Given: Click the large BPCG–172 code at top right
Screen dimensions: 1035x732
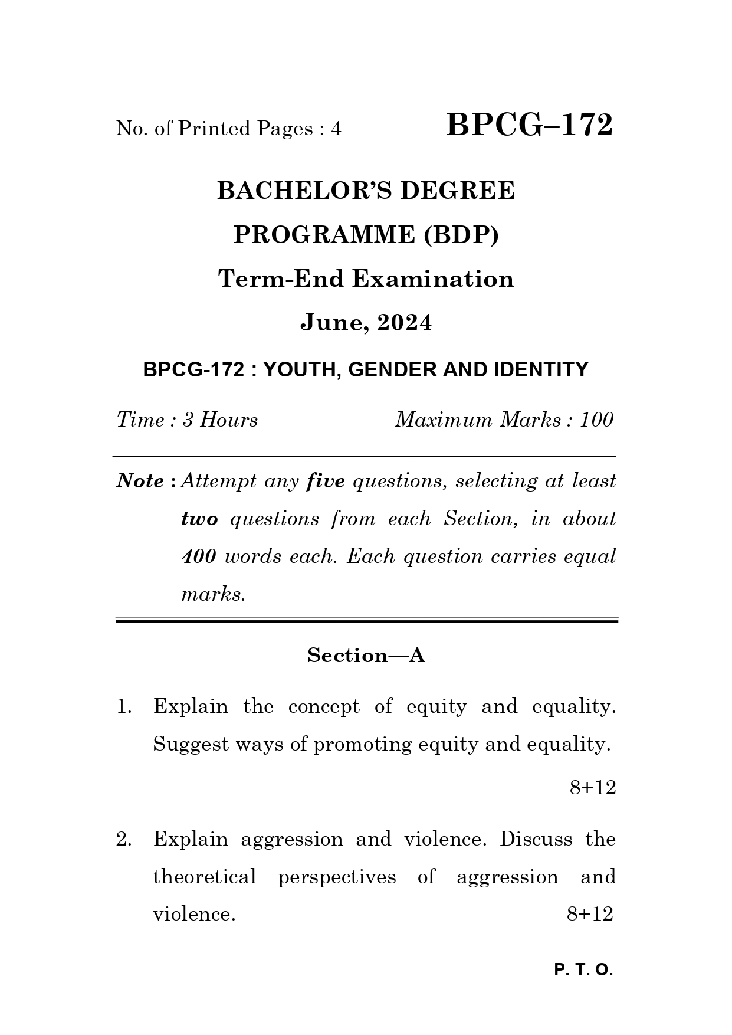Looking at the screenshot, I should click(x=529, y=126).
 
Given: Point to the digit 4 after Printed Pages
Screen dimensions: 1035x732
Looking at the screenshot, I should click(x=336, y=129).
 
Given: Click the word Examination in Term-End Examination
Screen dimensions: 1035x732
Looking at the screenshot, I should click(x=433, y=279).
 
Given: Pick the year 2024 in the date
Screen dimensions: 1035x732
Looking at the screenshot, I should click(x=405, y=323).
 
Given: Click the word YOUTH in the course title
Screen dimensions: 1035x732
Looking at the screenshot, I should click(x=300, y=370).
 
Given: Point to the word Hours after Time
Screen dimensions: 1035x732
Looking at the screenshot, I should click(x=228, y=420).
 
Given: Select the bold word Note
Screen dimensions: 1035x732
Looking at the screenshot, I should click(x=140, y=481).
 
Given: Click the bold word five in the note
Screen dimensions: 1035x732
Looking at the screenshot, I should click(x=326, y=481).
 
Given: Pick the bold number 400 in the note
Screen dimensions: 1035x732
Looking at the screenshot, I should click(x=199, y=556).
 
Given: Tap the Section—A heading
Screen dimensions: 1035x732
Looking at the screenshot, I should click(x=366, y=656).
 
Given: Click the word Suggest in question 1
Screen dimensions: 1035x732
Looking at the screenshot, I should click(x=190, y=745).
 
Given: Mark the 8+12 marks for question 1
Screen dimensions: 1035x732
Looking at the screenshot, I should click(x=592, y=787).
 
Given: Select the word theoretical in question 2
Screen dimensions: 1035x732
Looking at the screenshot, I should click(x=205, y=877).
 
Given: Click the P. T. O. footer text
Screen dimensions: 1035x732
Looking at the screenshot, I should click(x=583, y=970).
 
